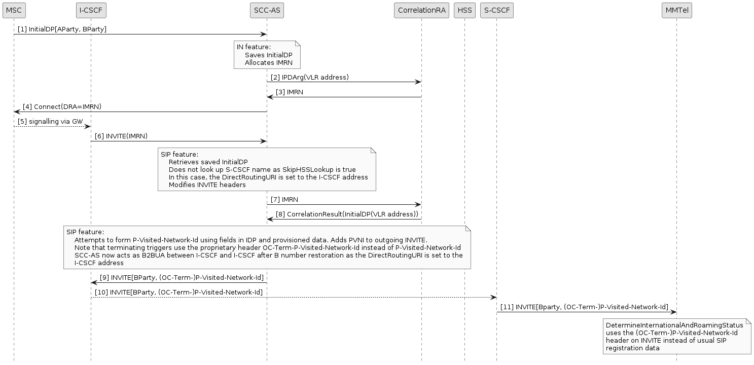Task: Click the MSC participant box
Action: [x=14, y=10]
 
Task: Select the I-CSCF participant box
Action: [x=91, y=10]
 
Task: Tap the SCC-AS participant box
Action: [x=267, y=10]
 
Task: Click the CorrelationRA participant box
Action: [x=421, y=10]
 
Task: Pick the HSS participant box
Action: [x=464, y=10]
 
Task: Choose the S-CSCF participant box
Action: [x=497, y=10]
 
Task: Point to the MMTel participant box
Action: [x=676, y=10]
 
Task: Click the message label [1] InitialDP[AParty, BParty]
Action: [x=62, y=29]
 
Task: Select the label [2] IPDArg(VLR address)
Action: [x=309, y=77]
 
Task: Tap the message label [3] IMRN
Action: [x=290, y=92]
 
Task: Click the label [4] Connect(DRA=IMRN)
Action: [x=62, y=107]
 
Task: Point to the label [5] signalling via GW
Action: [x=50, y=122]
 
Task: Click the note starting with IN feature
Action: [x=267, y=55]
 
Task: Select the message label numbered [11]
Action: [x=584, y=307]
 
